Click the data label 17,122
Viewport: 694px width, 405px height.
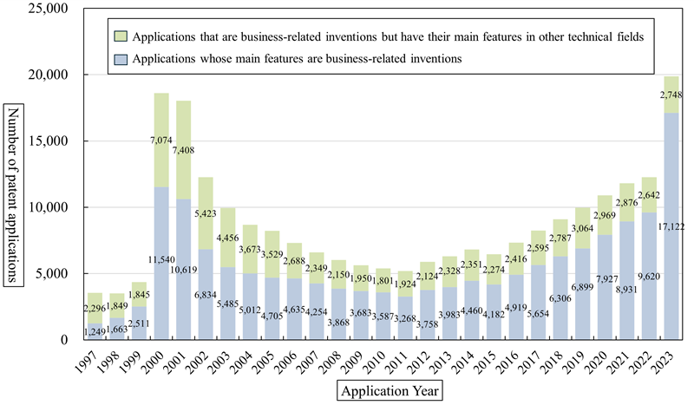(670, 227)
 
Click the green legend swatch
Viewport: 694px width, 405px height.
(121, 36)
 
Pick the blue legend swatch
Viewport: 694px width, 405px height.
(121, 58)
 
